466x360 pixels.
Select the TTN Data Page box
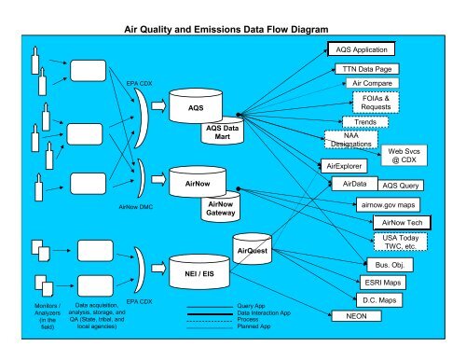pyautogui.click(x=372, y=69)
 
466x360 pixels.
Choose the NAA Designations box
pyautogui.click(x=351, y=140)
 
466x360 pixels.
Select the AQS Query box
pyautogui.click(x=404, y=185)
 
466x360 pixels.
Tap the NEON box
pyautogui.click(x=355, y=317)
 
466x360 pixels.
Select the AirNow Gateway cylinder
pyautogui.click(x=221, y=209)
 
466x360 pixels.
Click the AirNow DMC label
pyautogui.click(x=135, y=207)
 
